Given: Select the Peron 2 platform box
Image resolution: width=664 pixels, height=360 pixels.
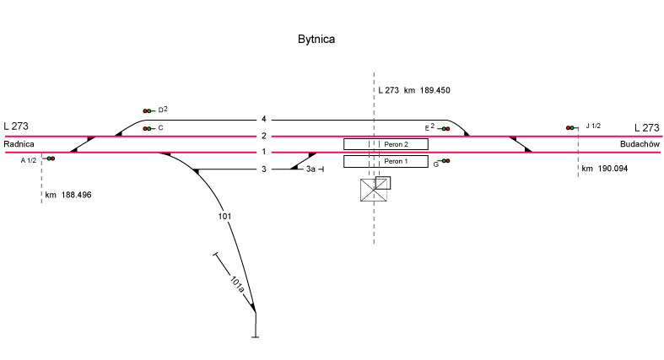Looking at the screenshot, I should [x=386, y=144].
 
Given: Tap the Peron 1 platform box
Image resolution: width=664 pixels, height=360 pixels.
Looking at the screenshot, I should [x=386, y=161].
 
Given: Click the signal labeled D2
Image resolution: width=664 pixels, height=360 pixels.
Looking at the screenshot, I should [x=148, y=110].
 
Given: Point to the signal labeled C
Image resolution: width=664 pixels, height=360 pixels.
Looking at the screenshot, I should [x=148, y=128].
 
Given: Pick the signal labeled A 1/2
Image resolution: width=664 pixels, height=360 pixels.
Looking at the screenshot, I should [x=50, y=159].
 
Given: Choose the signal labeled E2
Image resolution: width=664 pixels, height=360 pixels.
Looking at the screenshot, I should [x=445, y=128].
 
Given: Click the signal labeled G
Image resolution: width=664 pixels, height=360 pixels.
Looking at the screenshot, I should [x=445, y=161].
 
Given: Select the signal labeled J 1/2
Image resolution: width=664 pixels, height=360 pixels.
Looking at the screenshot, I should [x=571, y=127].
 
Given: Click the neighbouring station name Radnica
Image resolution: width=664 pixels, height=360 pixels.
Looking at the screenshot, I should [x=19, y=144].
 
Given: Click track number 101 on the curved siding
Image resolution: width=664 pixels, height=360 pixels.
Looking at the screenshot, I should [x=224, y=217].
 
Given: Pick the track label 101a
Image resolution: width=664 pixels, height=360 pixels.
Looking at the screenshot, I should [x=238, y=283].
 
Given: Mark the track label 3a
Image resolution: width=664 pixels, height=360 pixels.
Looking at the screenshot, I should [x=310, y=169].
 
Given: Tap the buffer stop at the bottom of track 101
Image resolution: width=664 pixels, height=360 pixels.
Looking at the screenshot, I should [x=255, y=336].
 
